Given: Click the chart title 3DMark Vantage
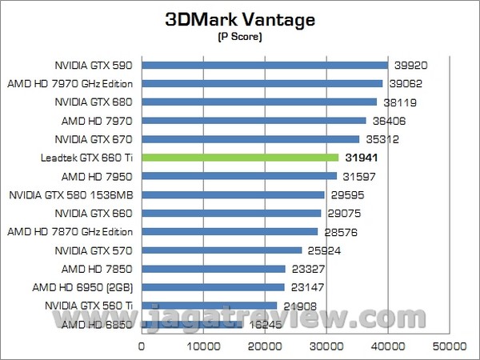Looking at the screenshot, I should click(x=240, y=18).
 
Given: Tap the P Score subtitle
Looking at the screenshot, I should click(x=240, y=38).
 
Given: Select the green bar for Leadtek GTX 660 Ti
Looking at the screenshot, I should click(x=240, y=158).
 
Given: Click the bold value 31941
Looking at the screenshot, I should click(x=362, y=158).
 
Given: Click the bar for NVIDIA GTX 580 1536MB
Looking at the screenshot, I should click(x=233, y=194).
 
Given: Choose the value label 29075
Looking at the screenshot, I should click(x=342, y=214).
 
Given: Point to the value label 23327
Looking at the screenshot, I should click(x=307, y=269).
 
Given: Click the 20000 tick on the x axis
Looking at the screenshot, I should click(x=265, y=346).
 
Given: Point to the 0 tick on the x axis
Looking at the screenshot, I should click(x=142, y=346).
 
